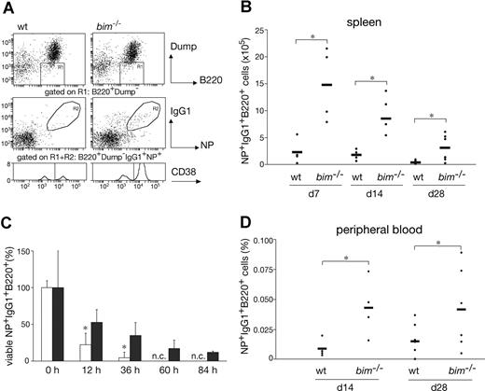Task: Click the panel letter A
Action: tap(7, 7)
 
